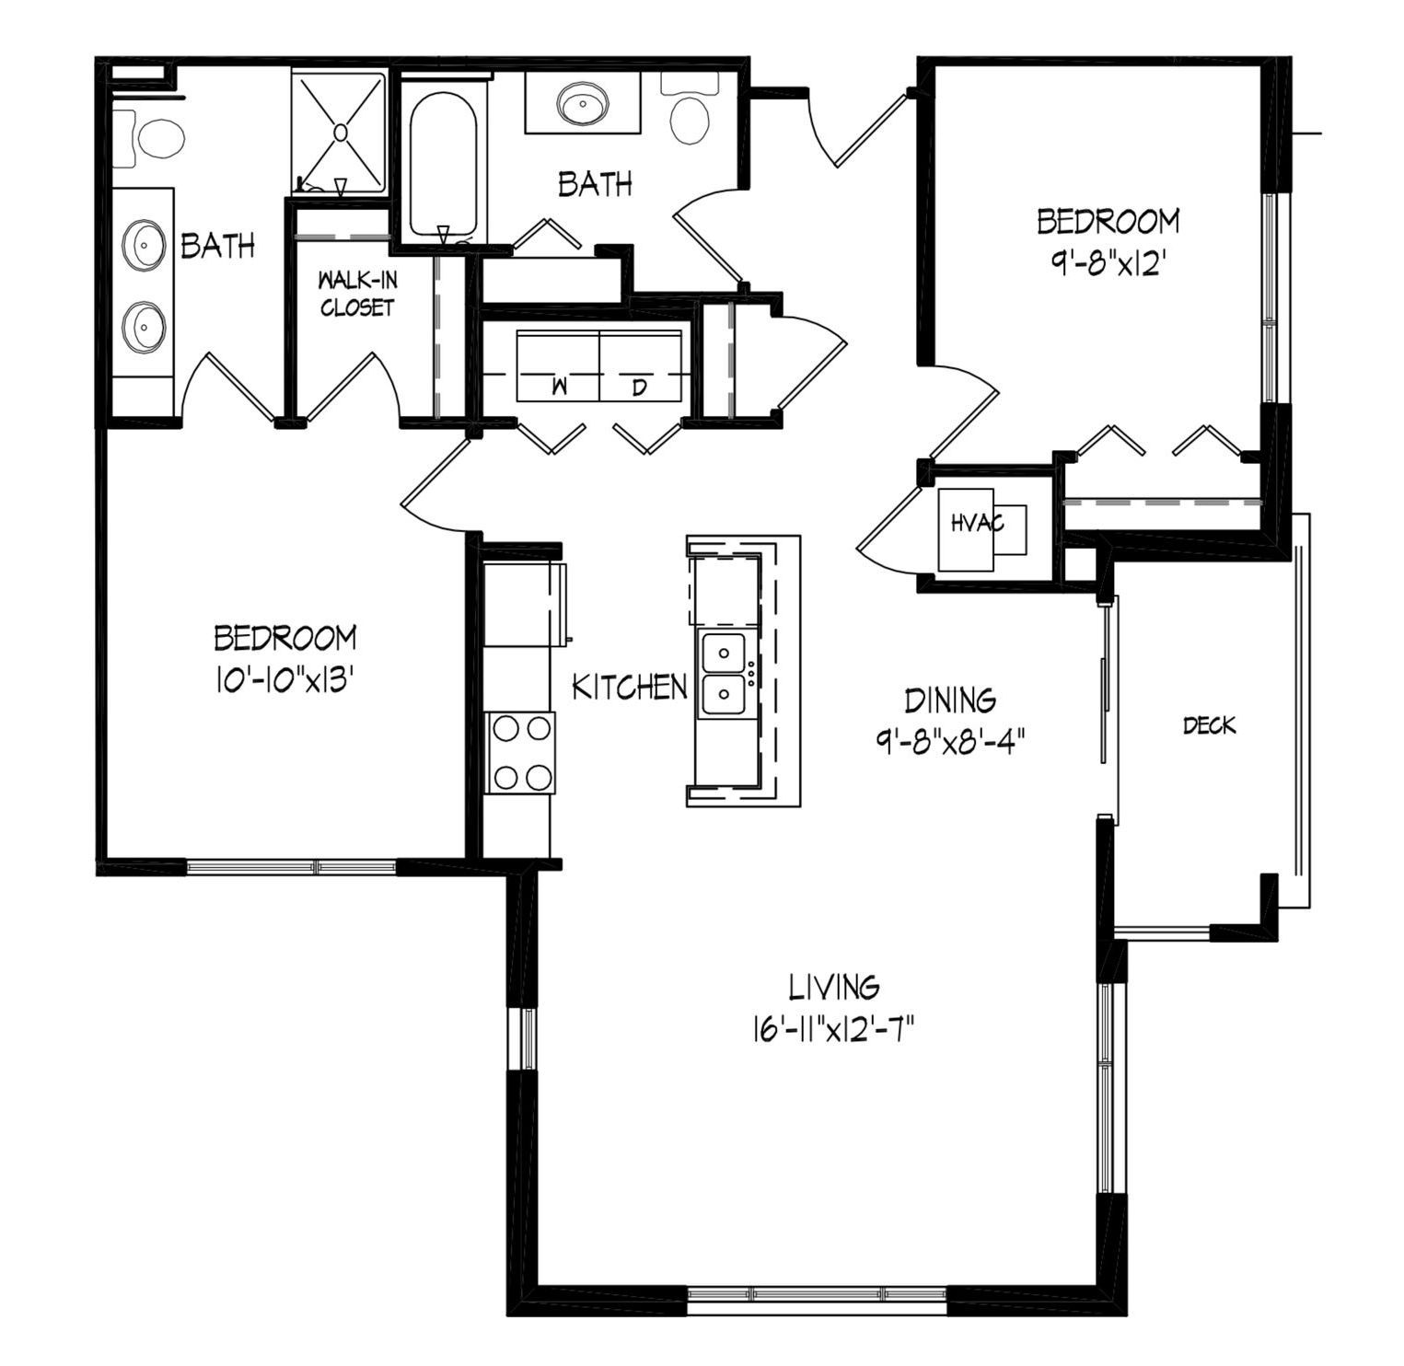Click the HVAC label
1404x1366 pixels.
tap(977, 523)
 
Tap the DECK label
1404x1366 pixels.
tap(1209, 726)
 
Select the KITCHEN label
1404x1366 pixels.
tap(630, 687)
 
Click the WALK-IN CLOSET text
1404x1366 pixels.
tap(358, 294)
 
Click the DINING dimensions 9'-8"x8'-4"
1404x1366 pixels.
tap(950, 741)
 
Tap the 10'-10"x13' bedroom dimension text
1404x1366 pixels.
tap(284, 679)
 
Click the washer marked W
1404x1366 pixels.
tap(558, 366)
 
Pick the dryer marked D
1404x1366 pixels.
tap(641, 366)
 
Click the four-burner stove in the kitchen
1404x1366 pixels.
tap(521, 753)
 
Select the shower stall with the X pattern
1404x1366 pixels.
tap(340, 132)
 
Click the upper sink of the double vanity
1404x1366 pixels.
tap(144, 247)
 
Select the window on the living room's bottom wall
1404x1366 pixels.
tap(818, 1294)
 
